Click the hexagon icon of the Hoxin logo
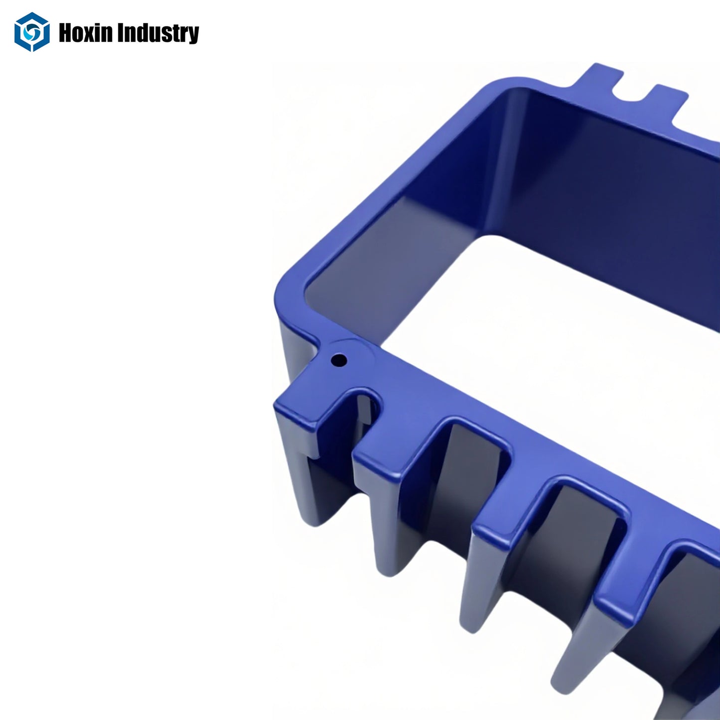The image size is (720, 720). pos(32,32)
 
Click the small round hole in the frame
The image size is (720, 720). pos(339,359)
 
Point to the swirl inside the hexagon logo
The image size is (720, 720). pos(32,32)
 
